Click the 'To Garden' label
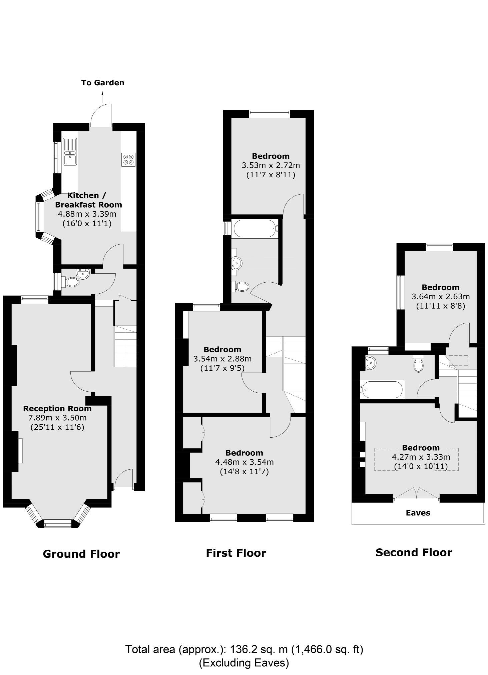pos(103,83)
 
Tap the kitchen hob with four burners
pos(128,159)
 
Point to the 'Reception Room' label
pos(57,408)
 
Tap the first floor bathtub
pos(255,228)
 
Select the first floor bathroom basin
pos(237,263)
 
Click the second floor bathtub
pos(382,389)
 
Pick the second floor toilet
pos(418,365)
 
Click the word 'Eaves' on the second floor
pos(418,513)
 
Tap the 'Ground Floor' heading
pos(81,554)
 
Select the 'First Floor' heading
pos(236,553)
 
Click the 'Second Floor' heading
pos(414,552)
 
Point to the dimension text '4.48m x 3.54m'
pos(245,462)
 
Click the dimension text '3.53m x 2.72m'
pos(271,165)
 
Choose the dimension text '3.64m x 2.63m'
pos(440,296)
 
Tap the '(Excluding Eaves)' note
pos(244,663)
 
